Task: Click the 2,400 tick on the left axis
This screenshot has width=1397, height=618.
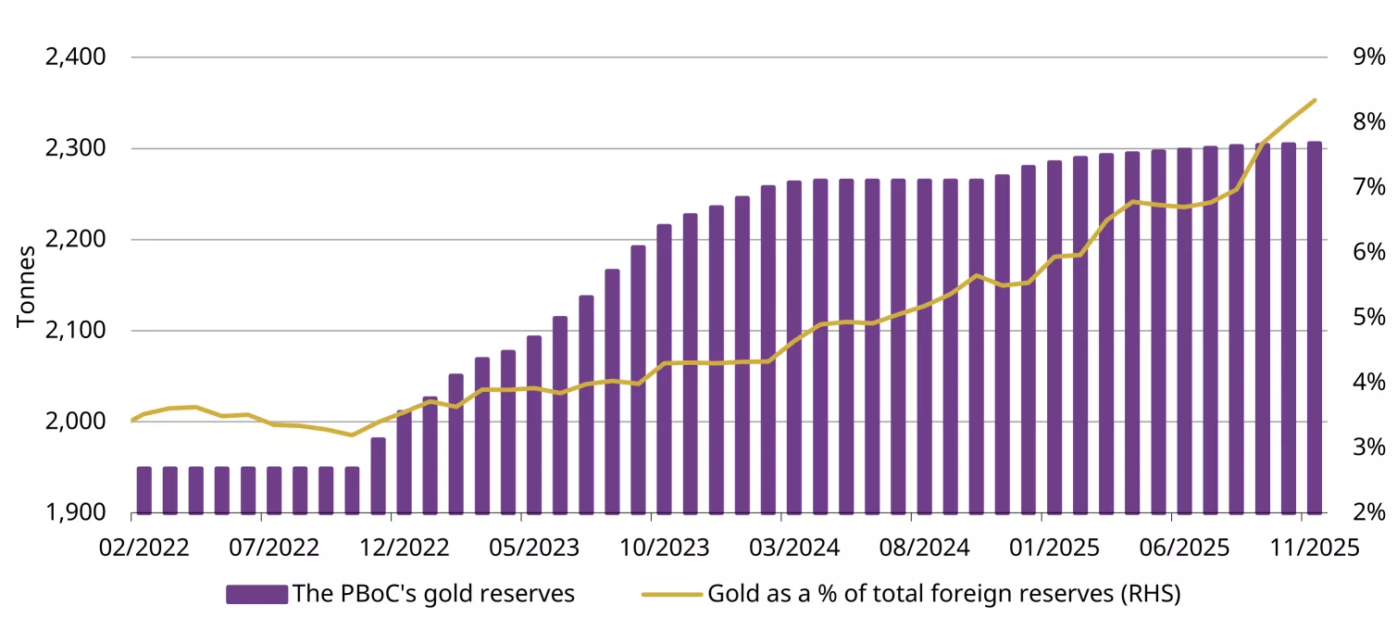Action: (76, 57)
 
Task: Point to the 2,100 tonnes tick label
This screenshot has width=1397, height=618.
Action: (76, 331)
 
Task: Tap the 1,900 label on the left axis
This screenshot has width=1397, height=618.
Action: (76, 512)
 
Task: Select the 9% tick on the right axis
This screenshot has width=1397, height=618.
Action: (1368, 57)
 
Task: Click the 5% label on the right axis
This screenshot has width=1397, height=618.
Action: (1368, 318)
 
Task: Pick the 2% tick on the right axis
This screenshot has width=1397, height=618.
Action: (1368, 512)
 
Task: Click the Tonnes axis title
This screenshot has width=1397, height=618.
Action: (26, 285)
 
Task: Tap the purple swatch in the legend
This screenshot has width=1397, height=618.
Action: (256, 594)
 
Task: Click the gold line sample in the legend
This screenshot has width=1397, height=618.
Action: (672, 594)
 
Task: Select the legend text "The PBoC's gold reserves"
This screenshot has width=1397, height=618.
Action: (433, 594)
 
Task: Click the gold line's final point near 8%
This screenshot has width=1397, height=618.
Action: (1314, 100)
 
